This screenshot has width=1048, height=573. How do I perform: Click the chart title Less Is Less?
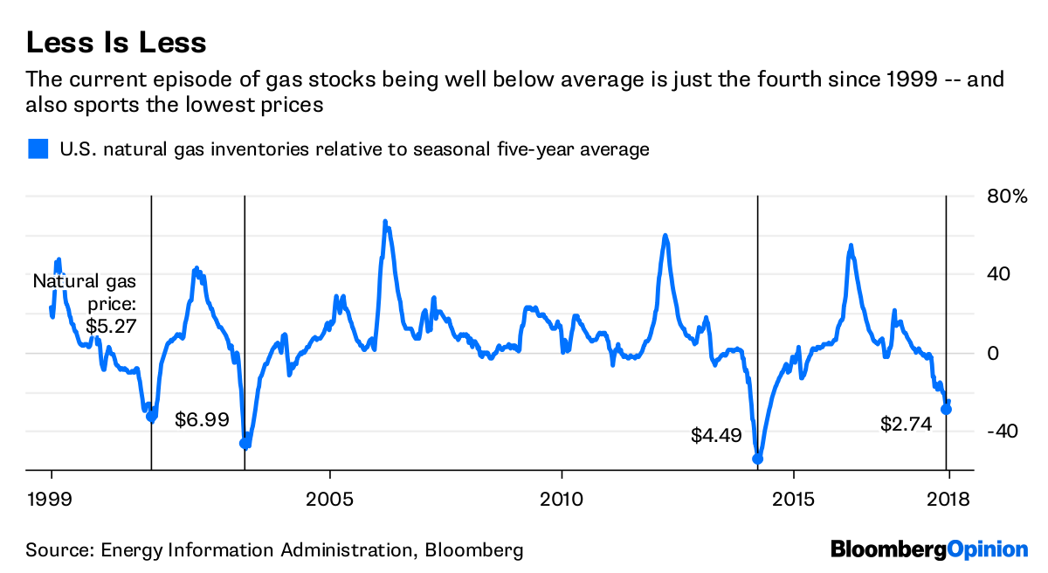tap(116, 42)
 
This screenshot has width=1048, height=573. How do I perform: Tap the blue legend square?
tap(37, 149)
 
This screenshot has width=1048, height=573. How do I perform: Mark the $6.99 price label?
tap(202, 420)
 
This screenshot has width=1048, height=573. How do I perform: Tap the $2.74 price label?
tap(906, 425)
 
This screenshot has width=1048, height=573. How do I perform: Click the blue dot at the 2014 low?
tap(757, 459)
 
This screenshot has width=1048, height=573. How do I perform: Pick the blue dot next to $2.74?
tap(946, 409)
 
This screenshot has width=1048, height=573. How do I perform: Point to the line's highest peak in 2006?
tap(385, 222)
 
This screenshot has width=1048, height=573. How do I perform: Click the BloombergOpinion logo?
tap(929, 549)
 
